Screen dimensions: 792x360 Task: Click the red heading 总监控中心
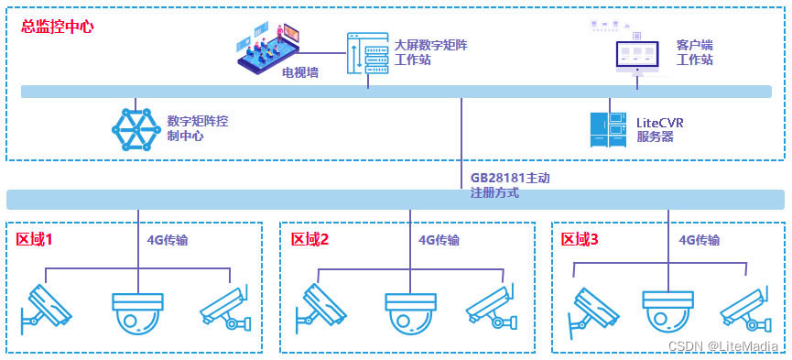click(57, 27)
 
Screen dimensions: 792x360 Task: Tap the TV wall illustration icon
click(268, 45)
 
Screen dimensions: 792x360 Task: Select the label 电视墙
click(300, 72)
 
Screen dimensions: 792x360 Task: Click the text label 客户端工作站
click(695, 52)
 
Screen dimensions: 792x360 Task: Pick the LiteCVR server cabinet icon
click(609, 130)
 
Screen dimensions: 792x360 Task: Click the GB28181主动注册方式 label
click(510, 186)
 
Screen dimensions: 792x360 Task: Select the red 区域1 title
click(34, 239)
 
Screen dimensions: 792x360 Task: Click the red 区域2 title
click(309, 239)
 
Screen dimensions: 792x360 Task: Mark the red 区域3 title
click(580, 239)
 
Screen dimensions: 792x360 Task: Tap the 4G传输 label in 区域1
click(168, 240)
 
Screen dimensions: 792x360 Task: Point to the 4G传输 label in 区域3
click(699, 240)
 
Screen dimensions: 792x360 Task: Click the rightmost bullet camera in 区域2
click(492, 308)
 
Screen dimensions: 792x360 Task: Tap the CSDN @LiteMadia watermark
click(722, 346)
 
